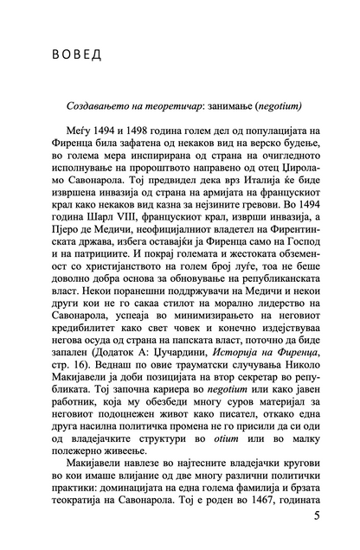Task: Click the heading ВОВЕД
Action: tap(73, 56)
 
